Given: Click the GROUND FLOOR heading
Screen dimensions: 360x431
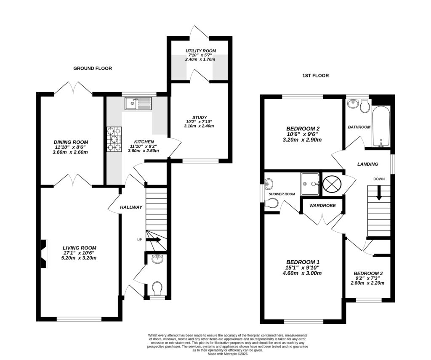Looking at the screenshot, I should pyautogui.click(x=92, y=68).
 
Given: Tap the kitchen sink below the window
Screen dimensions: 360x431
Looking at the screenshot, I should pyautogui.click(x=138, y=103).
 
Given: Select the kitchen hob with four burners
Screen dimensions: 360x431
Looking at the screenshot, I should pyautogui.click(x=114, y=139).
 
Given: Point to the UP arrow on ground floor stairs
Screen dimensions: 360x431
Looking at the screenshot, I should pyautogui.click(x=154, y=240).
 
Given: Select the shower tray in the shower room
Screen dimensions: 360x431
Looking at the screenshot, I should pyautogui.click(x=309, y=184).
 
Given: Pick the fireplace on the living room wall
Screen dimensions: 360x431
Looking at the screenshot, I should pyautogui.click(x=43, y=254).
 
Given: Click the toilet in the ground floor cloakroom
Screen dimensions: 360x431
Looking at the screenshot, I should pyautogui.click(x=157, y=288).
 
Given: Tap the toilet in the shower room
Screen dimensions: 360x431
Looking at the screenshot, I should pyautogui.click(x=272, y=204).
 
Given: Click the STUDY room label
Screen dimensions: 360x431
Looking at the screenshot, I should pyautogui.click(x=200, y=117).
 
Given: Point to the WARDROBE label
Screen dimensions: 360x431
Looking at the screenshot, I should pyautogui.click(x=322, y=206).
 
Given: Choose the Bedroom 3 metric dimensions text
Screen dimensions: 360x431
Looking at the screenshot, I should pyautogui.click(x=367, y=283).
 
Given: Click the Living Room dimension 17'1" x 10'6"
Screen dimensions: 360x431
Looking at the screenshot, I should pyautogui.click(x=80, y=253).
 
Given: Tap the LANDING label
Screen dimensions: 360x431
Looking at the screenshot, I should pyautogui.click(x=368, y=164).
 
